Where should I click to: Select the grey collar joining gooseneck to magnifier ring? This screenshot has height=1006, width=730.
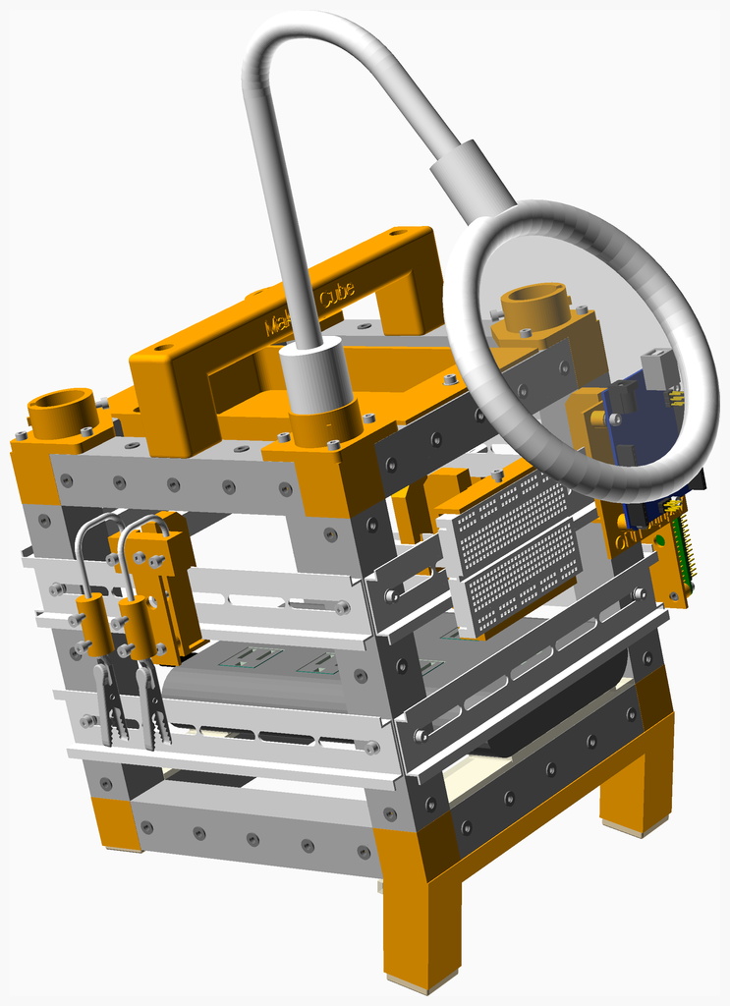click(x=473, y=179)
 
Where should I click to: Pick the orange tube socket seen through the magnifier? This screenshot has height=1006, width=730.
click(x=535, y=307)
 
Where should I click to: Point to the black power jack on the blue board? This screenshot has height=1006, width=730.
click(x=622, y=397)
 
